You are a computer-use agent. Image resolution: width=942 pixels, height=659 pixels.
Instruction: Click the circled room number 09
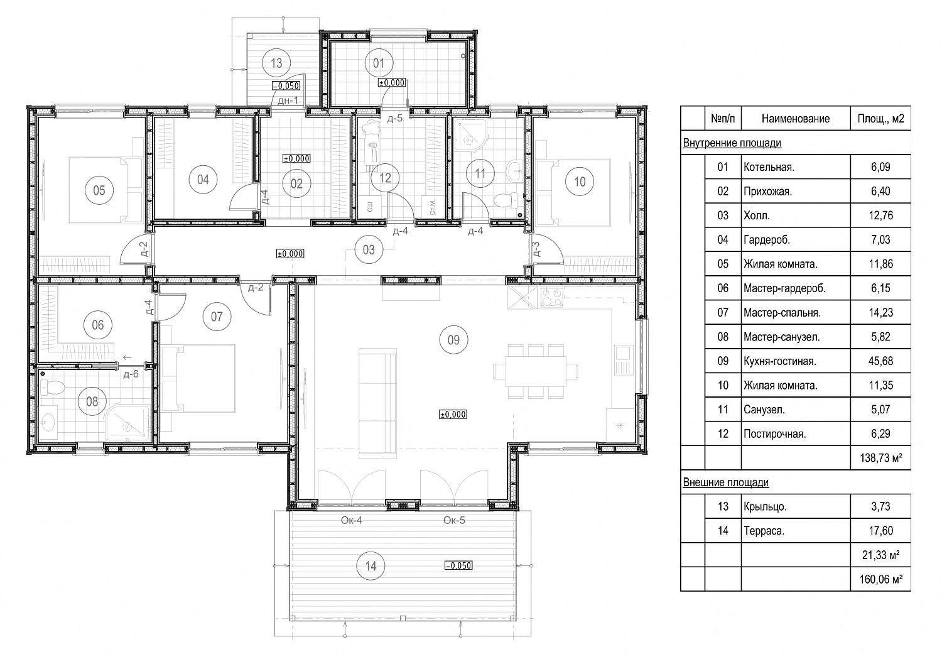coord(453,339)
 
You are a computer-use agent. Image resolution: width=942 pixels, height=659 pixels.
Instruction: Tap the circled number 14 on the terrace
coord(371,565)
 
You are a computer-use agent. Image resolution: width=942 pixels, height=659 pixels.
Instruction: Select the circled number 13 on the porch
coord(276,63)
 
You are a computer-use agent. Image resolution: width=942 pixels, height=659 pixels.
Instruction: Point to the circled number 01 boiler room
coord(379,63)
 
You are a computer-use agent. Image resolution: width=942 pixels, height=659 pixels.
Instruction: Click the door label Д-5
coord(395,119)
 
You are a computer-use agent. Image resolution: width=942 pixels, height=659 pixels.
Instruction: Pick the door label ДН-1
coord(288,100)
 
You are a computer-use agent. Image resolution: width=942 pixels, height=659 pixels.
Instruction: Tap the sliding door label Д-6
coord(131,374)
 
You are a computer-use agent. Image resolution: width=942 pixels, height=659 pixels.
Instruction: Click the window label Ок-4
coord(351,520)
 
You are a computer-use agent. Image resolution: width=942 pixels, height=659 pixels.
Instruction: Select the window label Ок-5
coord(454,520)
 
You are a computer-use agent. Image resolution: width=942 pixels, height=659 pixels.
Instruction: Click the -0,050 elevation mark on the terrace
coord(458,565)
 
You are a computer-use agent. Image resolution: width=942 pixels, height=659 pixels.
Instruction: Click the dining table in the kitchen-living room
coord(536,371)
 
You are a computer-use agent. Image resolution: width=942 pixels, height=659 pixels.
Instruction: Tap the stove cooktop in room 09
coord(551,297)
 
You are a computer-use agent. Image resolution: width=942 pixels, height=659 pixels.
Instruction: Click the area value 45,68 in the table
coord(880,361)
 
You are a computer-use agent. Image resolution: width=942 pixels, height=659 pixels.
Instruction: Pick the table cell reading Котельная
coord(769,167)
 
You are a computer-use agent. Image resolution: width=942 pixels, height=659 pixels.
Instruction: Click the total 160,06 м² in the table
coord(880,579)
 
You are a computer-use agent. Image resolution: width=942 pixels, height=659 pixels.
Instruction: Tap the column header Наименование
coord(796,119)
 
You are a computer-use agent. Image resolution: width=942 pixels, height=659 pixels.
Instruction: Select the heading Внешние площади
coord(726,482)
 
